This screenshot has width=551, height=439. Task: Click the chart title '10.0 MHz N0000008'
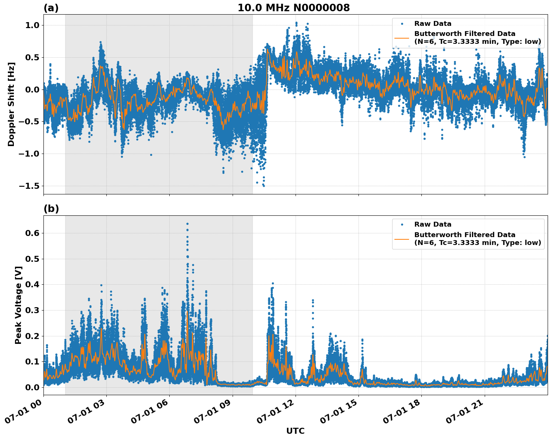click(x=293, y=8)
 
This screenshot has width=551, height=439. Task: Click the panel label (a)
click(x=51, y=8)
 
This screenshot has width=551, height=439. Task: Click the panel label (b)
click(x=51, y=209)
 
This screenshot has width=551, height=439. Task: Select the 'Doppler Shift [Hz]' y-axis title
click(x=11, y=104)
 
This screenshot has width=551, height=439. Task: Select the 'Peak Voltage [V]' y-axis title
click(x=18, y=305)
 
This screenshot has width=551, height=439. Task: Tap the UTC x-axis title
click(x=295, y=431)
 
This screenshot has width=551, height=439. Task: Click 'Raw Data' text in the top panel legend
click(x=433, y=24)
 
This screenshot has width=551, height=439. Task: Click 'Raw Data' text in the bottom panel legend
click(x=433, y=224)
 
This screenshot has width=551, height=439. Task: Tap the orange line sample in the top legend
click(x=402, y=37)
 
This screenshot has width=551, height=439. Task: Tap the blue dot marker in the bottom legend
click(x=402, y=224)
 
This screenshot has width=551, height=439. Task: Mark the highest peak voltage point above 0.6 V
click(x=187, y=224)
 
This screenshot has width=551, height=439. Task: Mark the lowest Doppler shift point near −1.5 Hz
click(x=264, y=185)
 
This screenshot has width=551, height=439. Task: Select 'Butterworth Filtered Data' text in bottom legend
click(x=464, y=235)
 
